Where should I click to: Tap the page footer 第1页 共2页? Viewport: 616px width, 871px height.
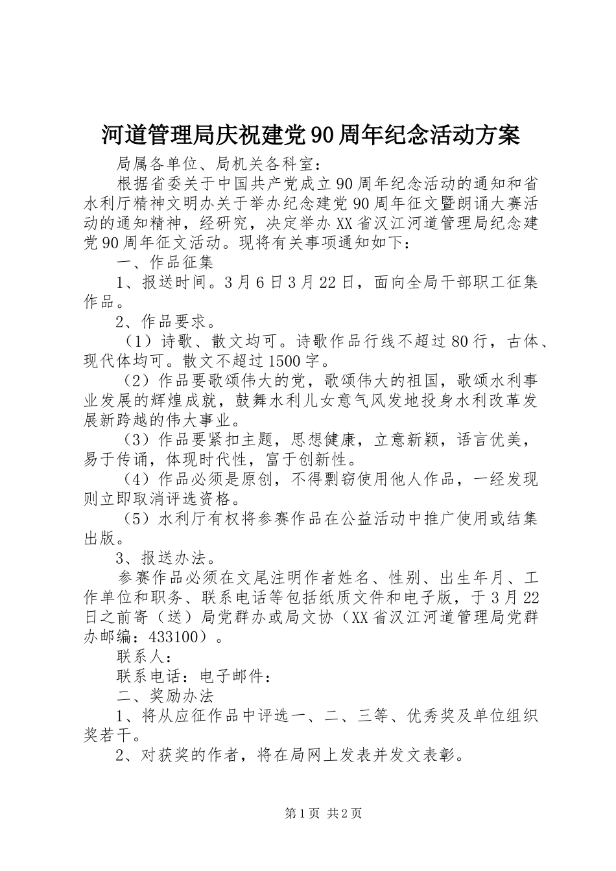(x=323, y=813)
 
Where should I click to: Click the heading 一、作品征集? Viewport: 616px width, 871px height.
(x=165, y=262)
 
